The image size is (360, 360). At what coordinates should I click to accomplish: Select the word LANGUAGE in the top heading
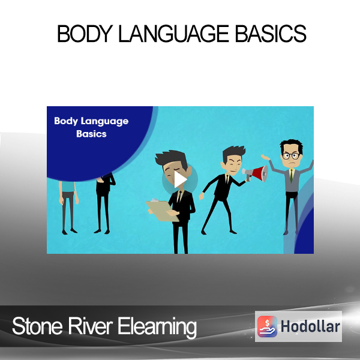174,34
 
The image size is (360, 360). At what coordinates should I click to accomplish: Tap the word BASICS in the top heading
271,34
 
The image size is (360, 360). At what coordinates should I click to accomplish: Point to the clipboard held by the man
162,211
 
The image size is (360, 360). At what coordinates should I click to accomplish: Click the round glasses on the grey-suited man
290,155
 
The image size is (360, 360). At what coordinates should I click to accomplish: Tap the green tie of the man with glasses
292,176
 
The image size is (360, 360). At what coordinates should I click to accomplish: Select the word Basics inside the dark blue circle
91,134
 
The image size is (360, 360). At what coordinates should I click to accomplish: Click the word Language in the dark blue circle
104,121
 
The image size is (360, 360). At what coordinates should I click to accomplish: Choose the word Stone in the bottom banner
37,326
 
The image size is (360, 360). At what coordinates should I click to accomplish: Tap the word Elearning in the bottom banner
157,328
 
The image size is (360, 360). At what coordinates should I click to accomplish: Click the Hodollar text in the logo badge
310,326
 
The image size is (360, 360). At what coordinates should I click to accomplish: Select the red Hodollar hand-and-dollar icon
267,326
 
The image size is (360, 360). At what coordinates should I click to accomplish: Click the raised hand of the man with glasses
265,157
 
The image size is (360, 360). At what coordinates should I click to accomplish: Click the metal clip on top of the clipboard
154,200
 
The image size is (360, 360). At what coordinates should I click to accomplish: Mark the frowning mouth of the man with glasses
292,163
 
